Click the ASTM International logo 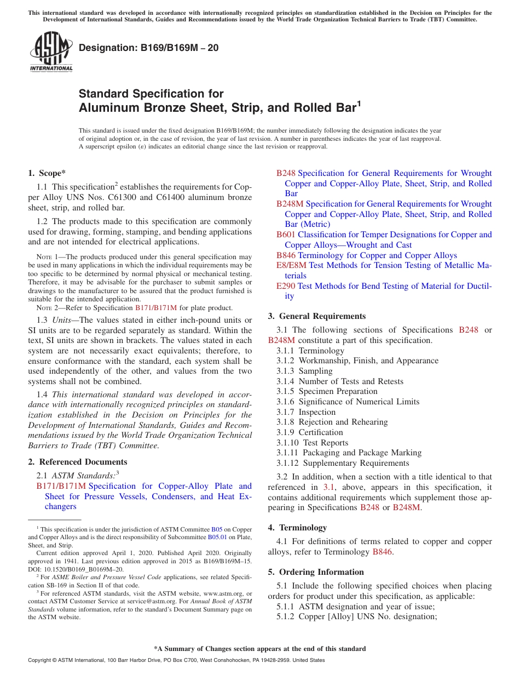click(x=51, y=52)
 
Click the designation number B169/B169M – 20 click(x=148, y=48)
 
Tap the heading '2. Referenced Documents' click(x=77, y=462)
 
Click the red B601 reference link click(x=286, y=235)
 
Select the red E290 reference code click(x=286, y=286)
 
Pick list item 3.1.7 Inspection click(x=306, y=412)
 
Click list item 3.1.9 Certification click(x=310, y=432)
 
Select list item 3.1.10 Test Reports click(x=312, y=443)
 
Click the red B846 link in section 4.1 click(x=382, y=552)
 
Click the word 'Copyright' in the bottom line click(x=42, y=660)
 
